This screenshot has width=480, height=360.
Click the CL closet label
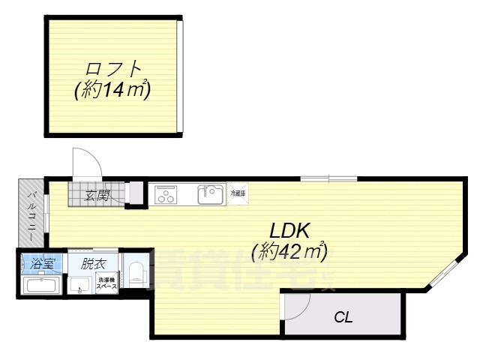coord(343,317)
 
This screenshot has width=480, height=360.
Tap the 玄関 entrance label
coord(97,196)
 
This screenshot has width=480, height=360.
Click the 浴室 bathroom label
coord(43,264)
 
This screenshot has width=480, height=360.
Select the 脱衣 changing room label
coord(94,264)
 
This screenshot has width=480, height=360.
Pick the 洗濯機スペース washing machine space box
coord(106,286)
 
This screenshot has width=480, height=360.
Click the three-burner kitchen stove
coord(165,195)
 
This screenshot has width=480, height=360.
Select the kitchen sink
coord(210,195)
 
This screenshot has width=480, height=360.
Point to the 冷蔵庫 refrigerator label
coord(237,193)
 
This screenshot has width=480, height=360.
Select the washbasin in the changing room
coord(79,286)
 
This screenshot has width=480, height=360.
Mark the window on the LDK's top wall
coord(328,178)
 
